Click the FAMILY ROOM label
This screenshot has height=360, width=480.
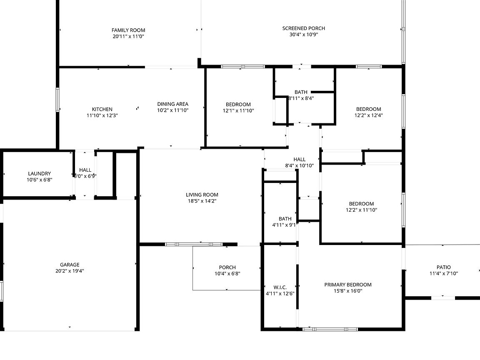tap(128, 30)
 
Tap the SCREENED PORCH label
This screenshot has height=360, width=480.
tap(304, 28)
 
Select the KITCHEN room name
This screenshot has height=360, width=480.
tap(102, 109)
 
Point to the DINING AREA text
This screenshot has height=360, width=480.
tap(172, 104)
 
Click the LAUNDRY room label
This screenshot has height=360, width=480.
tap(40, 174)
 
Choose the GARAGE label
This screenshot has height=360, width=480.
tap(70, 265)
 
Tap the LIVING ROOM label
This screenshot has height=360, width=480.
tap(202, 195)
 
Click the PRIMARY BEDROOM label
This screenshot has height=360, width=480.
tap(348, 285)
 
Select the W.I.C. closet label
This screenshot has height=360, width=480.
tap(280, 287)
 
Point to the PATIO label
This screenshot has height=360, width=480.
tap(444, 267)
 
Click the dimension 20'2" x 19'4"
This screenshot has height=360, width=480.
tap(70, 270)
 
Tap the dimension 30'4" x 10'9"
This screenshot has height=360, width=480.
tap(304, 34)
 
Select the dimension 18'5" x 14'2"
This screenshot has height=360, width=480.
tap(202, 201)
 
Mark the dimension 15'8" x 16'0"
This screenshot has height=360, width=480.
tap(348, 291)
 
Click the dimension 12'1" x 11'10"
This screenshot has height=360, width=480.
tap(238, 110)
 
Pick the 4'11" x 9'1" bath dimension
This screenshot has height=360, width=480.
tap(284, 225)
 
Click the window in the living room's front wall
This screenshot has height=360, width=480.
tap(194, 244)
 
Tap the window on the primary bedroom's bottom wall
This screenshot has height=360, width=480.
tap(330, 330)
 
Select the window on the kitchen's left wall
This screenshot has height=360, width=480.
tap(57, 100)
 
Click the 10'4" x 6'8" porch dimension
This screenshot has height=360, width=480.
tap(227, 273)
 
